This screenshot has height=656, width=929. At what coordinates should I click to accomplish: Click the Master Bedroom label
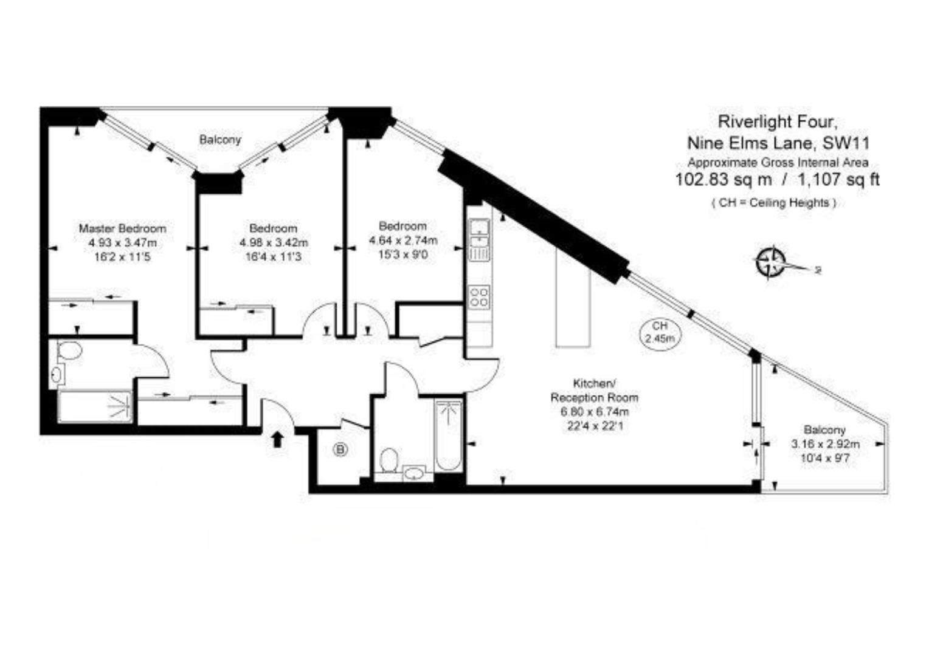(x=122, y=228)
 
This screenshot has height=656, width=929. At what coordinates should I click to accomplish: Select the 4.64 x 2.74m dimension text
(x=402, y=241)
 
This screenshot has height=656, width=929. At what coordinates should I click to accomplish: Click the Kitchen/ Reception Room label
(x=594, y=391)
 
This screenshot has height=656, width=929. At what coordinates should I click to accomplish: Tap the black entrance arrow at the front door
(x=277, y=439)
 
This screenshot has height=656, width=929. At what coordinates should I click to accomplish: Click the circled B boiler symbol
(x=341, y=450)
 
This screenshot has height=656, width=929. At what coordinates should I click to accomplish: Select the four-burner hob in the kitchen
(x=480, y=296)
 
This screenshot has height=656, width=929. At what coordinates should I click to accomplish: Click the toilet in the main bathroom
(x=389, y=460)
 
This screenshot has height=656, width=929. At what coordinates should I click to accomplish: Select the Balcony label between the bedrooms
(x=220, y=140)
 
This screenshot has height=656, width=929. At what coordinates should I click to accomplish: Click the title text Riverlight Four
(x=778, y=121)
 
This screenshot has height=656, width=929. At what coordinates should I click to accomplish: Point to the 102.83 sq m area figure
(x=724, y=180)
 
